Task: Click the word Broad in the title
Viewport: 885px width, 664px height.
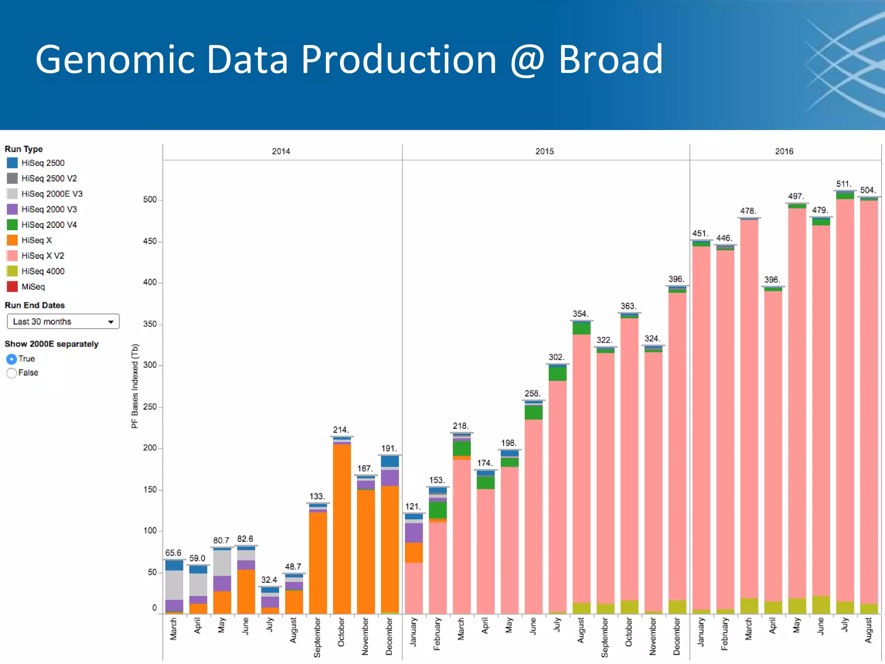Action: click(x=610, y=60)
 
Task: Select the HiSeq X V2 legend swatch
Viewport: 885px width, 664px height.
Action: click(x=13, y=255)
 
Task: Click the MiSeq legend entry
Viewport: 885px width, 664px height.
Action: click(x=33, y=287)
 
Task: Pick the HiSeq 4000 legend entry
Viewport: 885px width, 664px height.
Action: click(x=43, y=271)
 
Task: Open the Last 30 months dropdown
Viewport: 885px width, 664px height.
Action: click(x=63, y=322)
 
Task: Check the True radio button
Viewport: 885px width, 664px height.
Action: click(x=12, y=359)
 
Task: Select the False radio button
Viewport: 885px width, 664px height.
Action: click(x=12, y=373)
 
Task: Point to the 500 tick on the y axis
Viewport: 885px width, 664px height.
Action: click(x=150, y=199)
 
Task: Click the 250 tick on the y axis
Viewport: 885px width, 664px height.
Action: click(x=150, y=406)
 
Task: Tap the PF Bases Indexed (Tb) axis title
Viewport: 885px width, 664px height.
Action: click(x=135, y=386)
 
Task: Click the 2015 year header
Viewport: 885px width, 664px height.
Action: click(x=544, y=151)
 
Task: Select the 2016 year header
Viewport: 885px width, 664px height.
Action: click(x=784, y=151)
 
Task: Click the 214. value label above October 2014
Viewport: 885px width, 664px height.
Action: click(x=341, y=430)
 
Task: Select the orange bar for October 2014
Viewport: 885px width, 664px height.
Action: click(x=342, y=527)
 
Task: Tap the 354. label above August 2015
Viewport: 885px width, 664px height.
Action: click(x=580, y=314)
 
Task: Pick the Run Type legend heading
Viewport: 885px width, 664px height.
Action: click(x=24, y=149)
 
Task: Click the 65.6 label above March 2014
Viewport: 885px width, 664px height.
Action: click(x=173, y=553)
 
